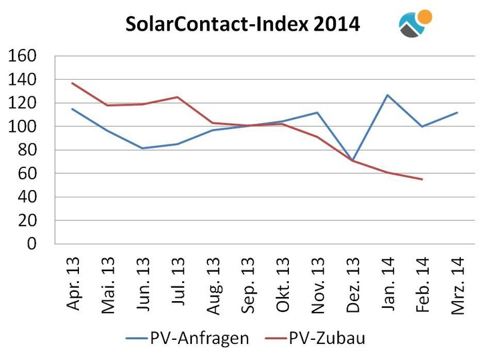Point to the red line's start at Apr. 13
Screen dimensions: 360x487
point(72,83)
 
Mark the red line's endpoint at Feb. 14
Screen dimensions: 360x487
point(421,179)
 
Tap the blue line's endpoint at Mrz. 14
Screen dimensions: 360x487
point(457,112)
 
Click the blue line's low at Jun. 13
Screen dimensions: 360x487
point(142,148)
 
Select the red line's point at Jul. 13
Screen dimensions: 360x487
point(177,97)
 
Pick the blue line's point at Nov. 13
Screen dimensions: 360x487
point(317,112)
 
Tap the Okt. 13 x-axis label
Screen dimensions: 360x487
point(282,284)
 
